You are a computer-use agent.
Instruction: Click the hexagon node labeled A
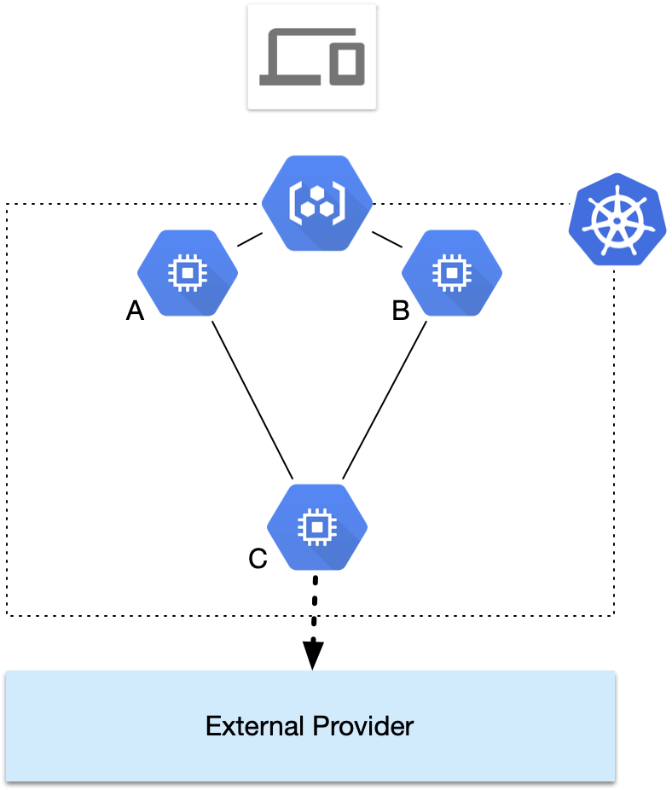pos(188,273)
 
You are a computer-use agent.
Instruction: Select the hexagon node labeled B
pos(452,273)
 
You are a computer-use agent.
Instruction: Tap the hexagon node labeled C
pos(317,527)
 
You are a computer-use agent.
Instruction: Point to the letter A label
pos(135,312)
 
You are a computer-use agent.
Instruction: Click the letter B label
pos(400,312)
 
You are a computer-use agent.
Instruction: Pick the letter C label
pos(258,559)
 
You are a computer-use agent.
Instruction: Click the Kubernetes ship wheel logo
pos(616,221)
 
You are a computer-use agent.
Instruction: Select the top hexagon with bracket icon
pos(317,203)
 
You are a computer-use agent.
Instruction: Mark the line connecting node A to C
pos(252,398)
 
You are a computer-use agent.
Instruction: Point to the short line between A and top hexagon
pos(249,240)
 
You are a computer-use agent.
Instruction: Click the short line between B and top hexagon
pos(386,240)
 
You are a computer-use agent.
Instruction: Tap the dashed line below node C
pos(315,590)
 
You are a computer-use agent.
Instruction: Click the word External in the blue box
pos(255,727)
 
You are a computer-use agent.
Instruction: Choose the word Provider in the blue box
pos(362,727)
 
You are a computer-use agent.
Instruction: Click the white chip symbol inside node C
pos(317,527)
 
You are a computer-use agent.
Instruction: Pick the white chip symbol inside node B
pos(452,273)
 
